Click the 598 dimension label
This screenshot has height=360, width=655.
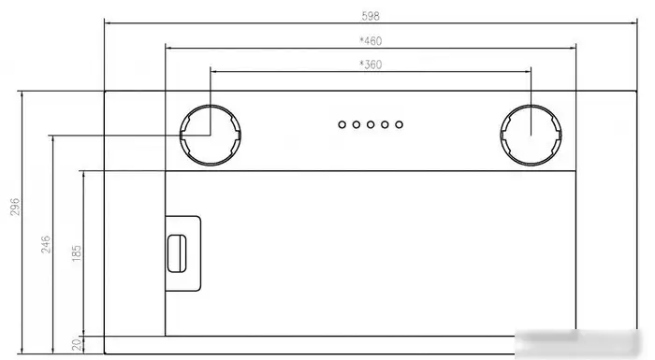(x=371, y=16)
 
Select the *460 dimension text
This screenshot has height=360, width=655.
(x=371, y=41)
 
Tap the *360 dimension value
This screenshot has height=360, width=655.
(x=371, y=65)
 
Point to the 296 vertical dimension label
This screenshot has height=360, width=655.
(x=15, y=208)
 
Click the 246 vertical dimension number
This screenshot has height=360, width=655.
(x=46, y=244)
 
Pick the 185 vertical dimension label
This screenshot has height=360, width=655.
(x=77, y=253)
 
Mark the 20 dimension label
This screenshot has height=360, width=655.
(x=77, y=344)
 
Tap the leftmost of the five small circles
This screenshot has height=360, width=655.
(x=342, y=124)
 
